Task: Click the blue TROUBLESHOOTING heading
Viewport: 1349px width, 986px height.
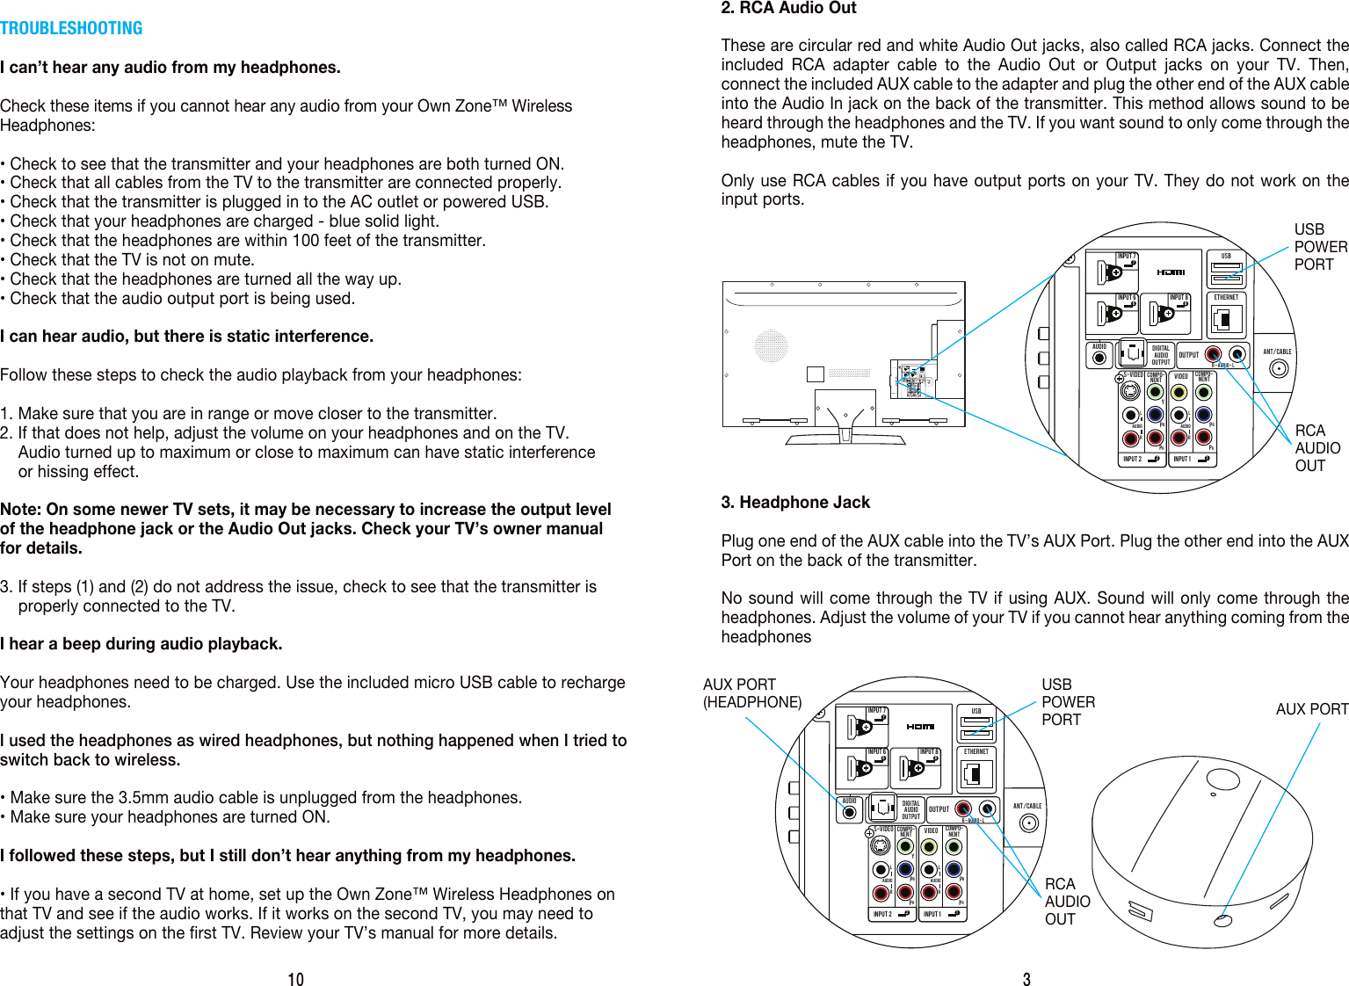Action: pyautogui.click(x=71, y=28)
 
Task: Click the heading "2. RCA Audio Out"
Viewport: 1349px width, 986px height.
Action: pyautogui.click(x=788, y=8)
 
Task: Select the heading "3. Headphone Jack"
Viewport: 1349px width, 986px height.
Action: pyautogui.click(x=795, y=503)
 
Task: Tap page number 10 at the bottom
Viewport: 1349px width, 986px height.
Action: pyautogui.click(x=295, y=979)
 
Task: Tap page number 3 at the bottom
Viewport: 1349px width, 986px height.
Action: pyautogui.click(x=1026, y=979)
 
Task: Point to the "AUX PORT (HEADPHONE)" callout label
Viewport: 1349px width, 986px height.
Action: pyautogui.click(x=751, y=693)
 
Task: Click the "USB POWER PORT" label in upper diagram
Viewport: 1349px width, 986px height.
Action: pyautogui.click(x=1320, y=247)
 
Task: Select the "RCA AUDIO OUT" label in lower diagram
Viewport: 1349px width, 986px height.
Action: pyautogui.click(x=1067, y=902)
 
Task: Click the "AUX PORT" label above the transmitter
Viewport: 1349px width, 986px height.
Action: pyautogui.click(x=1311, y=709)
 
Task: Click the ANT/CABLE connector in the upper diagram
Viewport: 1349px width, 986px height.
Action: pyautogui.click(x=1278, y=367)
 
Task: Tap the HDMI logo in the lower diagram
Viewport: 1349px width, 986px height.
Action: pyautogui.click(x=920, y=727)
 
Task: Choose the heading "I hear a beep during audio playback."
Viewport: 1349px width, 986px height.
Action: pyautogui.click(x=141, y=644)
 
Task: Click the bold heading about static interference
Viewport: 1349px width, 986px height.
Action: pyautogui.click(x=186, y=337)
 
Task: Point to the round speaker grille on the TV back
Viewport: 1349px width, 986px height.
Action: pyautogui.click(x=771, y=345)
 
